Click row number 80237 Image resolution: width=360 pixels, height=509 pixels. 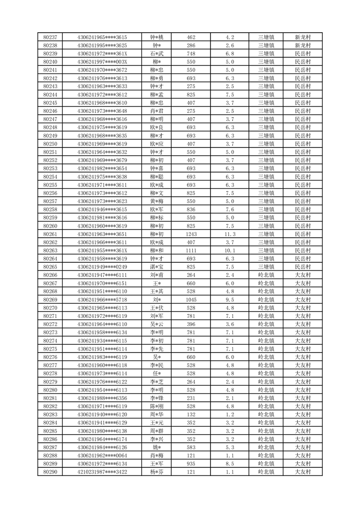[50, 37]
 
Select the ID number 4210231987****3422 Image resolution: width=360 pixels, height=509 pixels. [102, 472]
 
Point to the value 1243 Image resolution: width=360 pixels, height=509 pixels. [191, 234]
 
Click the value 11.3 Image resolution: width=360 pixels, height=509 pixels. [229, 234]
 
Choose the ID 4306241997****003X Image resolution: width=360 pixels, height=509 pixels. [102, 62]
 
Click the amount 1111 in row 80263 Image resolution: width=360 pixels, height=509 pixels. [191, 250]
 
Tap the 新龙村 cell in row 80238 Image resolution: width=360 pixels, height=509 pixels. [302, 45]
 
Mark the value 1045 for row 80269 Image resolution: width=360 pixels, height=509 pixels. [191, 299]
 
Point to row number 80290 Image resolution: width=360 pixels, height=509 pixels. [50, 472]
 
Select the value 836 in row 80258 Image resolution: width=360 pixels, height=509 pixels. [191, 210]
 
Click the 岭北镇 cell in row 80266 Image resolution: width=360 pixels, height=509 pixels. [266, 275]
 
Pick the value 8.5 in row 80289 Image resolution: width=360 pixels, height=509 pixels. [229, 464]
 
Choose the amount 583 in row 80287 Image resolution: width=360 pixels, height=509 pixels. [191, 447]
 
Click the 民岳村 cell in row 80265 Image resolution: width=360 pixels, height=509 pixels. [302, 267]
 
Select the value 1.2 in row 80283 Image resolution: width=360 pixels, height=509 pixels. [229, 414]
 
